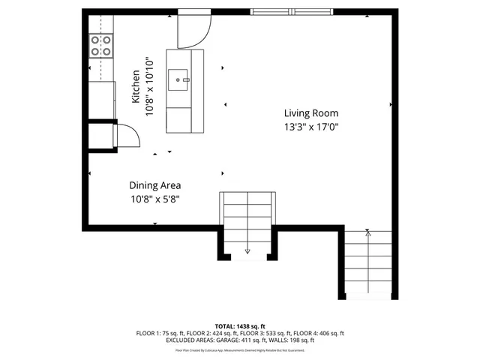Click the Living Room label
[310, 112]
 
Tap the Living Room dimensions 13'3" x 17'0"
[310, 127]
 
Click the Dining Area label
[154, 185]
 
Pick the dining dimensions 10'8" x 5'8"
[154, 199]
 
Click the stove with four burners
[100, 46]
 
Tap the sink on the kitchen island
[179, 78]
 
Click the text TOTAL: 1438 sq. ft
[240, 326]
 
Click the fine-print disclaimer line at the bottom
[240, 349]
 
